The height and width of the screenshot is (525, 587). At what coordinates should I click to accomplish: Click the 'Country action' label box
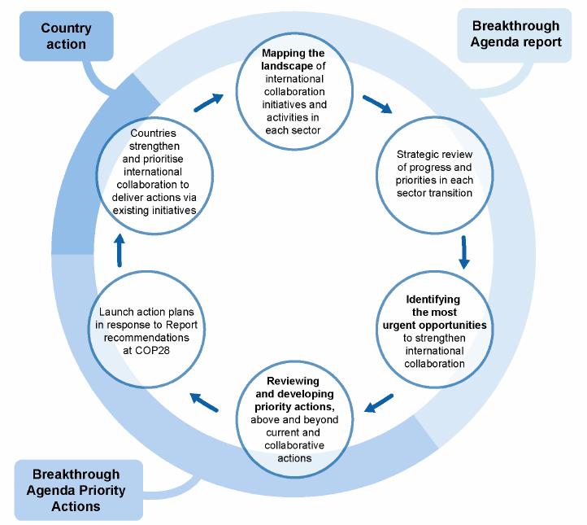pyautogui.click(x=67, y=36)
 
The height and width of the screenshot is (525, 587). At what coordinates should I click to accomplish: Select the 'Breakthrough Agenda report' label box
pyautogui.click(x=515, y=35)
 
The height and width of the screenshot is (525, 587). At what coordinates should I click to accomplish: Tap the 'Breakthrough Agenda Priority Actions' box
pyautogui.click(x=79, y=490)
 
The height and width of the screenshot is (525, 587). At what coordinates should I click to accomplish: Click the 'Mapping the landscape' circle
pyautogui.click(x=294, y=91)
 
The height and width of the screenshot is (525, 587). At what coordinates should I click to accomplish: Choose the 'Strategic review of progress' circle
pyautogui.click(x=435, y=175)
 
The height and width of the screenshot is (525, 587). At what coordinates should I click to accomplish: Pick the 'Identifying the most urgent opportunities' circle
pyautogui.click(x=435, y=330)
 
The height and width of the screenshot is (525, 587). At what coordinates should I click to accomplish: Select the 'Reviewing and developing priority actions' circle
pyautogui.click(x=294, y=419)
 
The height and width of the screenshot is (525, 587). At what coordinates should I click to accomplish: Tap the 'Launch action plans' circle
pyautogui.click(x=146, y=330)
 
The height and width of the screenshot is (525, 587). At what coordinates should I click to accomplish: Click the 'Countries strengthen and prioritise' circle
pyautogui.click(x=154, y=175)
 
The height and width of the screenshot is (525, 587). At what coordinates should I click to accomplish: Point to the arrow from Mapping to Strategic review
pyautogui.click(x=377, y=104)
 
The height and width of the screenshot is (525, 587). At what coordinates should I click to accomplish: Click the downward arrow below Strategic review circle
pyautogui.click(x=464, y=252)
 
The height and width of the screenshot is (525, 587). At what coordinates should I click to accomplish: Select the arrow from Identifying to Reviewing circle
pyautogui.click(x=379, y=403)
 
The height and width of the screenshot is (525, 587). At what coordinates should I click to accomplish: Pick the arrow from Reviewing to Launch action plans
pyautogui.click(x=204, y=402)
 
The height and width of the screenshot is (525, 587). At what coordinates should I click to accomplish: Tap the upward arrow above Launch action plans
pyautogui.click(x=120, y=250)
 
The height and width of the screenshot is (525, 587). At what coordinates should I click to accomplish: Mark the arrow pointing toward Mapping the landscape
pyautogui.click(x=209, y=103)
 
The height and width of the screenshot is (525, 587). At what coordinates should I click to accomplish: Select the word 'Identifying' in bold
pyautogui.click(x=433, y=300)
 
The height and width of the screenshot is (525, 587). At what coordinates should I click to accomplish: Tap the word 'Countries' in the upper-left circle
pyautogui.click(x=153, y=133)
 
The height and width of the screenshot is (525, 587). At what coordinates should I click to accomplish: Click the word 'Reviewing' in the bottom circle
pyautogui.click(x=293, y=381)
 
